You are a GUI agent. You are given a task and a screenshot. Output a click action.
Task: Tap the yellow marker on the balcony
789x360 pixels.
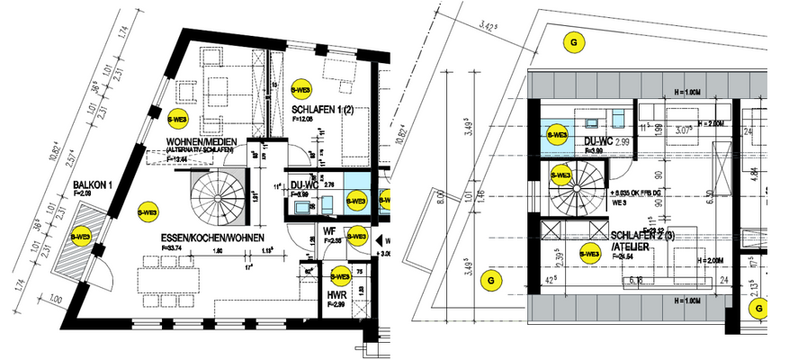point(80,236)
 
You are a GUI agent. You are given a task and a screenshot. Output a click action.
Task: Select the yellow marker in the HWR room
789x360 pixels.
point(340,276)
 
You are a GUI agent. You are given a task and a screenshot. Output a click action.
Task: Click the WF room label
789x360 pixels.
point(329,231)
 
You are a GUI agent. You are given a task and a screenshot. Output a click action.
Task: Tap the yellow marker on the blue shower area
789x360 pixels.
point(557,135)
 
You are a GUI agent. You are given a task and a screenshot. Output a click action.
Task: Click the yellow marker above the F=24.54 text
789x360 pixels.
point(590,254)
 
